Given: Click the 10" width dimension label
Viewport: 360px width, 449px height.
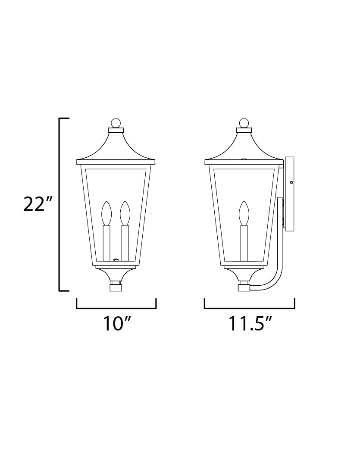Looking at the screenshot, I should coord(116,323).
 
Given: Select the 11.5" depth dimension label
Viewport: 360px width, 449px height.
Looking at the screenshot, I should coord(250,323).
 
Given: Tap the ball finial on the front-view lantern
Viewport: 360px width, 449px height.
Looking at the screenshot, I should coord(116,123).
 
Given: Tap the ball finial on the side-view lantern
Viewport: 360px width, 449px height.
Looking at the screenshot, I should coord(244,123).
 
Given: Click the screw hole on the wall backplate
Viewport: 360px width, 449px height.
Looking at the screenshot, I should coord(291,183).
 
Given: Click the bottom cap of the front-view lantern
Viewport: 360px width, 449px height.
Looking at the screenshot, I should coord(116,287).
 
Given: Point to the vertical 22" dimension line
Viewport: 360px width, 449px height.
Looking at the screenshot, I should coord(59,204).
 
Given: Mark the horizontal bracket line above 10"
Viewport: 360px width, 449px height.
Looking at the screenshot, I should coord(116,308).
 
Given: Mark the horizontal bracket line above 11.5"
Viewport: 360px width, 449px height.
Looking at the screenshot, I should coord(249,308).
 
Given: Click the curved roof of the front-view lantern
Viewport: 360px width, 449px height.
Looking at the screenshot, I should coord(116,147).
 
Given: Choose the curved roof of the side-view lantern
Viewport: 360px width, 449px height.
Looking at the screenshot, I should coord(244,147).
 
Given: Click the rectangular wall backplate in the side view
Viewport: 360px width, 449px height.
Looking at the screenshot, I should coord(288,194).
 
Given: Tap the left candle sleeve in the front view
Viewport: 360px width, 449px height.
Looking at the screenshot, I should coord(106,242).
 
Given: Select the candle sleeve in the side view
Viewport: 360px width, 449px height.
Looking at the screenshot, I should coord(244,242).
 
